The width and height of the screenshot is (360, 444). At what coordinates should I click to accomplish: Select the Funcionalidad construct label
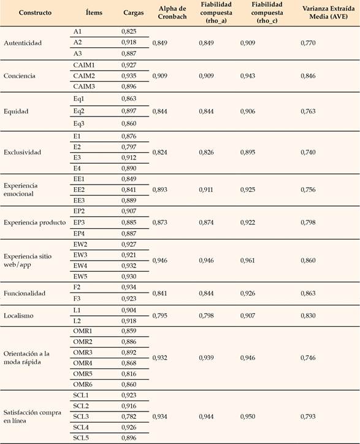[x=25, y=293]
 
